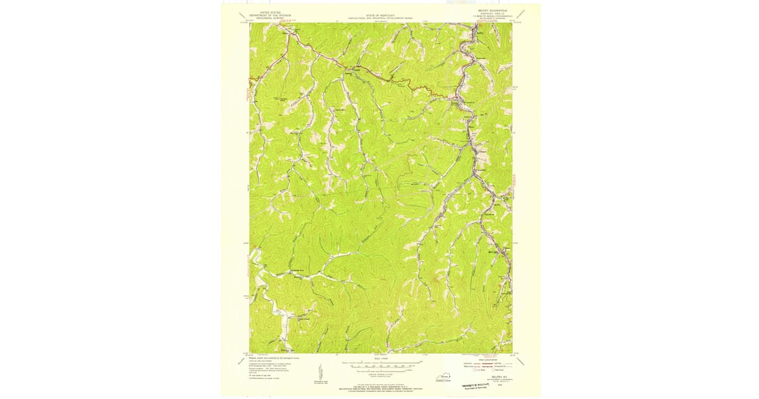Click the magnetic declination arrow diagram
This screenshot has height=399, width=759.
(x=320, y=371)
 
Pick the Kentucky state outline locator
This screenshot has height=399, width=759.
(x=443, y=377)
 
